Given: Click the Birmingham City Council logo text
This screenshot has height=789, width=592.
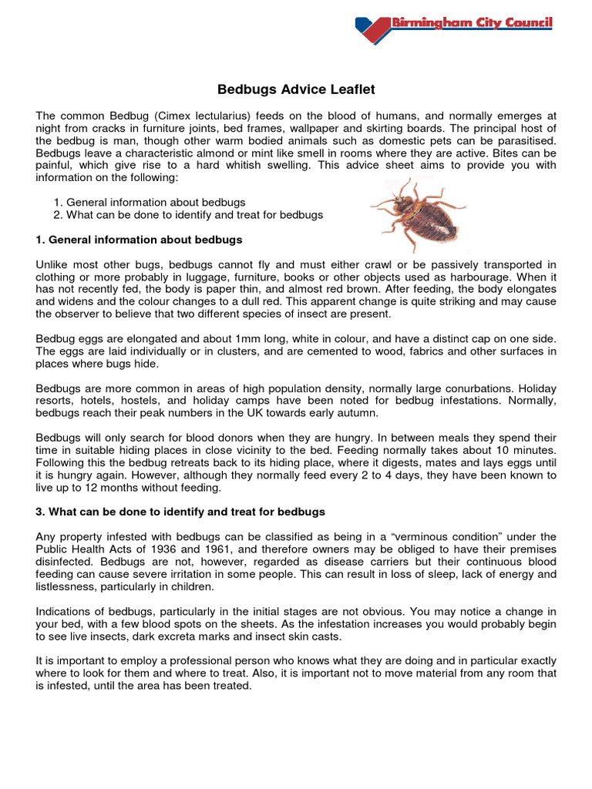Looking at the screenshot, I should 473,23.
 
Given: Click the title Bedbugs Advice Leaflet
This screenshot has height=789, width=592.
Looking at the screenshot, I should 296,90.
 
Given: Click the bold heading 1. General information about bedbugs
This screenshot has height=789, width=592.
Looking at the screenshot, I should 140,240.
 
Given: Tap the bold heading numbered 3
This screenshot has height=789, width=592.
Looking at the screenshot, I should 180,512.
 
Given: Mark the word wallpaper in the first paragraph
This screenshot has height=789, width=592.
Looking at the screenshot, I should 343,127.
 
